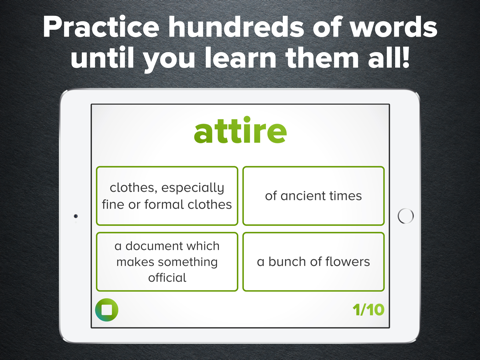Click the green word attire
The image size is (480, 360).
point(239,131)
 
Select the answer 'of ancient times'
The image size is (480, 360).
point(313,196)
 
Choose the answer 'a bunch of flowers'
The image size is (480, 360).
point(313,262)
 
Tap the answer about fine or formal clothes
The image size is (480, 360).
point(167,196)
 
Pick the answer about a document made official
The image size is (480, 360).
point(167,262)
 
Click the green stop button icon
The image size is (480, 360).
point(106,309)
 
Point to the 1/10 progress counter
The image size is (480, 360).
point(368,309)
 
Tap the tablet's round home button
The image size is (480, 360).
point(406,215)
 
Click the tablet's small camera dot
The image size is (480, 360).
point(76,215)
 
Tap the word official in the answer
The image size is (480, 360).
point(167,277)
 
